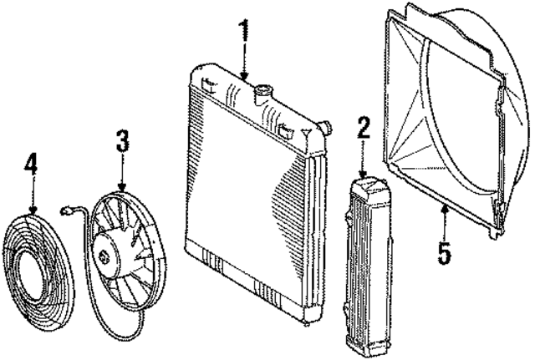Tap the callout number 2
click(x=364, y=128)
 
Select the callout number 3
click(x=123, y=141)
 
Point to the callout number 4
click(x=31, y=165)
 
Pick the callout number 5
click(x=445, y=252)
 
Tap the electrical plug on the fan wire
click(x=65, y=211)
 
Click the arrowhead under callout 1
click(x=243, y=76)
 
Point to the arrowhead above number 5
click(x=444, y=209)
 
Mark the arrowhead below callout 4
click(x=33, y=210)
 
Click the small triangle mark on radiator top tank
click(x=306, y=132)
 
